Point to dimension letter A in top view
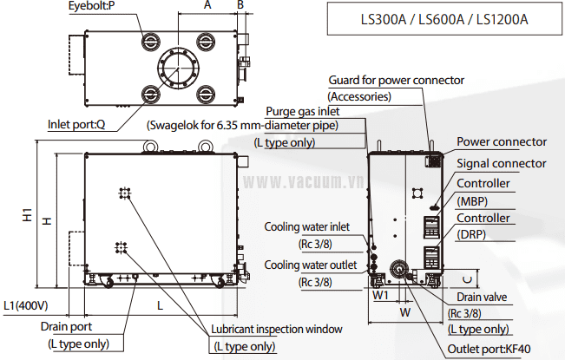[x=207, y=6]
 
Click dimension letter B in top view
[x=240, y=6]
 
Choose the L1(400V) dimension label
[x=25, y=305]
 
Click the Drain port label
[x=68, y=327]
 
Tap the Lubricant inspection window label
[x=277, y=329]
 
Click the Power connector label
[x=502, y=141]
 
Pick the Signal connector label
[x=502, y=163]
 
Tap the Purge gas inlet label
[x=303, y=111]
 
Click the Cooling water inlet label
[x=307, y=227]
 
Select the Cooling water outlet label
[x=310, y=265]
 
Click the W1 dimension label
[x=379, y=295]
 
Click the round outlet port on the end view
[x=400, y=270]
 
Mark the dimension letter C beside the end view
[x=466, y=278]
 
